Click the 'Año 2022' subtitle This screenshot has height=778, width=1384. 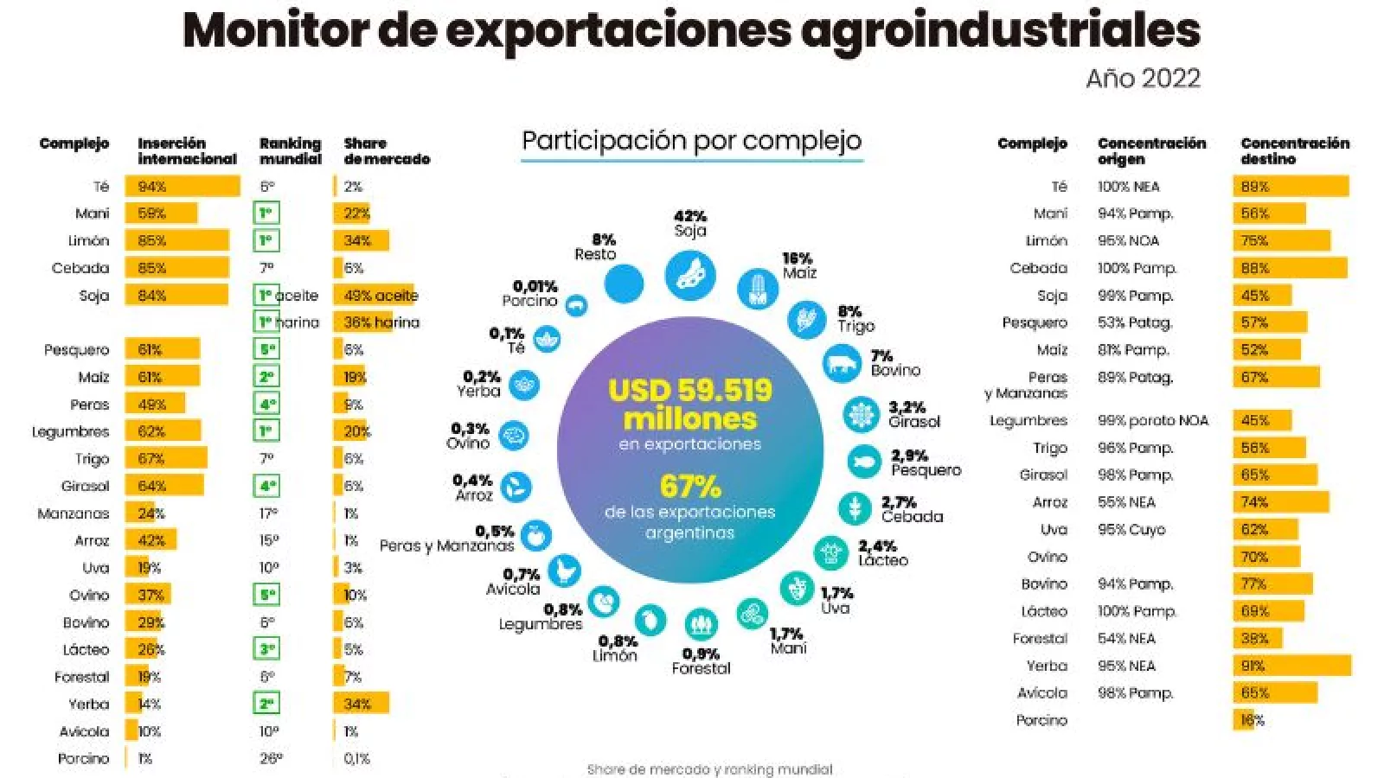click(x=1143, y=79)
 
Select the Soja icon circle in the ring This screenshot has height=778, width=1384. click(x=690, y=275)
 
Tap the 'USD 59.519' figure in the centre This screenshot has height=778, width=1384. click(x=690, y=390)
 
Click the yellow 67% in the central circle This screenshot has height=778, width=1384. click(x=690, y=486)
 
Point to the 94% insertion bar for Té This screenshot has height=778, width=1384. click(x=182, y=186)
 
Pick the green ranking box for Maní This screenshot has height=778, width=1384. click(x=267, y=214)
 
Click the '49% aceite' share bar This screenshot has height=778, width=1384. click(x=375, y=296)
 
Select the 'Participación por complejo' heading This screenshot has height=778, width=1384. click(x=692, y=140)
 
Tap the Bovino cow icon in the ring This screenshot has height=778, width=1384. click(x=842, y=363)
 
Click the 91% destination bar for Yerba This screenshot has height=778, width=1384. click(x=1291, y=666)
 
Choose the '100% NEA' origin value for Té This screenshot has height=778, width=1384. click(x=1128, y=186)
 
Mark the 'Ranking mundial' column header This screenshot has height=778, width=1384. click(x=290, y=150)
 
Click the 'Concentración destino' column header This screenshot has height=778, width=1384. click(x=1294, y=150)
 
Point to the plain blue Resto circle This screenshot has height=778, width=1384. click(x=624, y=284)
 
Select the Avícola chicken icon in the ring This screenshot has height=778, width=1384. click(x=564, y=571)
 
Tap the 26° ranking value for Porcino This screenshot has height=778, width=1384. click(x=271, y=758)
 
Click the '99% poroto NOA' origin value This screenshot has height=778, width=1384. click(x=1152, y=420)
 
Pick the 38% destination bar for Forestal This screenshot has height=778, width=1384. click(x=1257, y=638)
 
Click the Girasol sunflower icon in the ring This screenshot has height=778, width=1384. click(x=861, y=415)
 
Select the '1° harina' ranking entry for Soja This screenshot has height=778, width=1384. click(x=289, y=322)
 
